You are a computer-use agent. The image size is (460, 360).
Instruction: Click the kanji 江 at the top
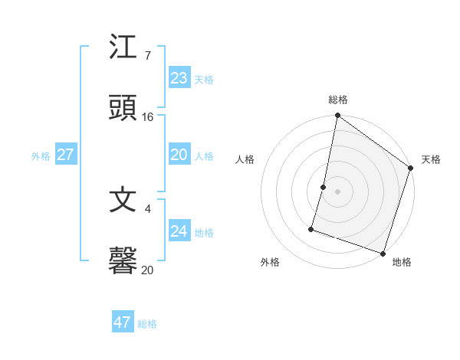click(x=123, y=48)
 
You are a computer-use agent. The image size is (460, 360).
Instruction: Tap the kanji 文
click(x=123, y=201)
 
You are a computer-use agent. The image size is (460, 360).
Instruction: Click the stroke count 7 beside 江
click(x=147, y=56)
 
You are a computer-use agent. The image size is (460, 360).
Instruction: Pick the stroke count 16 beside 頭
click(x=148, y=117)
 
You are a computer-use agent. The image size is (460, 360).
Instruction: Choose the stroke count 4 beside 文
click(x=148, y=208)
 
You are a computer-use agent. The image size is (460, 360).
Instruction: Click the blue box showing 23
click(x=179, y=77)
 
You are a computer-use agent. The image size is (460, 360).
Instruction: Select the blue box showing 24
click(x=179, y=231)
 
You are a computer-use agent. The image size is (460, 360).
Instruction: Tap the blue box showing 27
click(x=65, y=155)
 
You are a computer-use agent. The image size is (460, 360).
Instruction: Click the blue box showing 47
click(x=123, y=322)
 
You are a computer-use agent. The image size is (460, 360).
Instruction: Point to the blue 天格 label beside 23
click(x=204, y=80)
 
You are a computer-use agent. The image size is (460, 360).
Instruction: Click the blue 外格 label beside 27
click(x=41, y=156)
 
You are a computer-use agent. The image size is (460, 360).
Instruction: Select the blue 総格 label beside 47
click(x=147, y=324)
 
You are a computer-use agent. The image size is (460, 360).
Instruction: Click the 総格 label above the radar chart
click(x=338, y=100)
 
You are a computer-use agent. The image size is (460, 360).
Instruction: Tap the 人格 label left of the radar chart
click(x=245, y=159)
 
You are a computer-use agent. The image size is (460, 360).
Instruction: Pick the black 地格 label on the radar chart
click(x=402, y=262)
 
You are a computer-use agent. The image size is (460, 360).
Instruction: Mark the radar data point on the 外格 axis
click(x=311, y=228)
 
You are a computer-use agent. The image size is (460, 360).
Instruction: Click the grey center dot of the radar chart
click(x=338, y=191)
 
